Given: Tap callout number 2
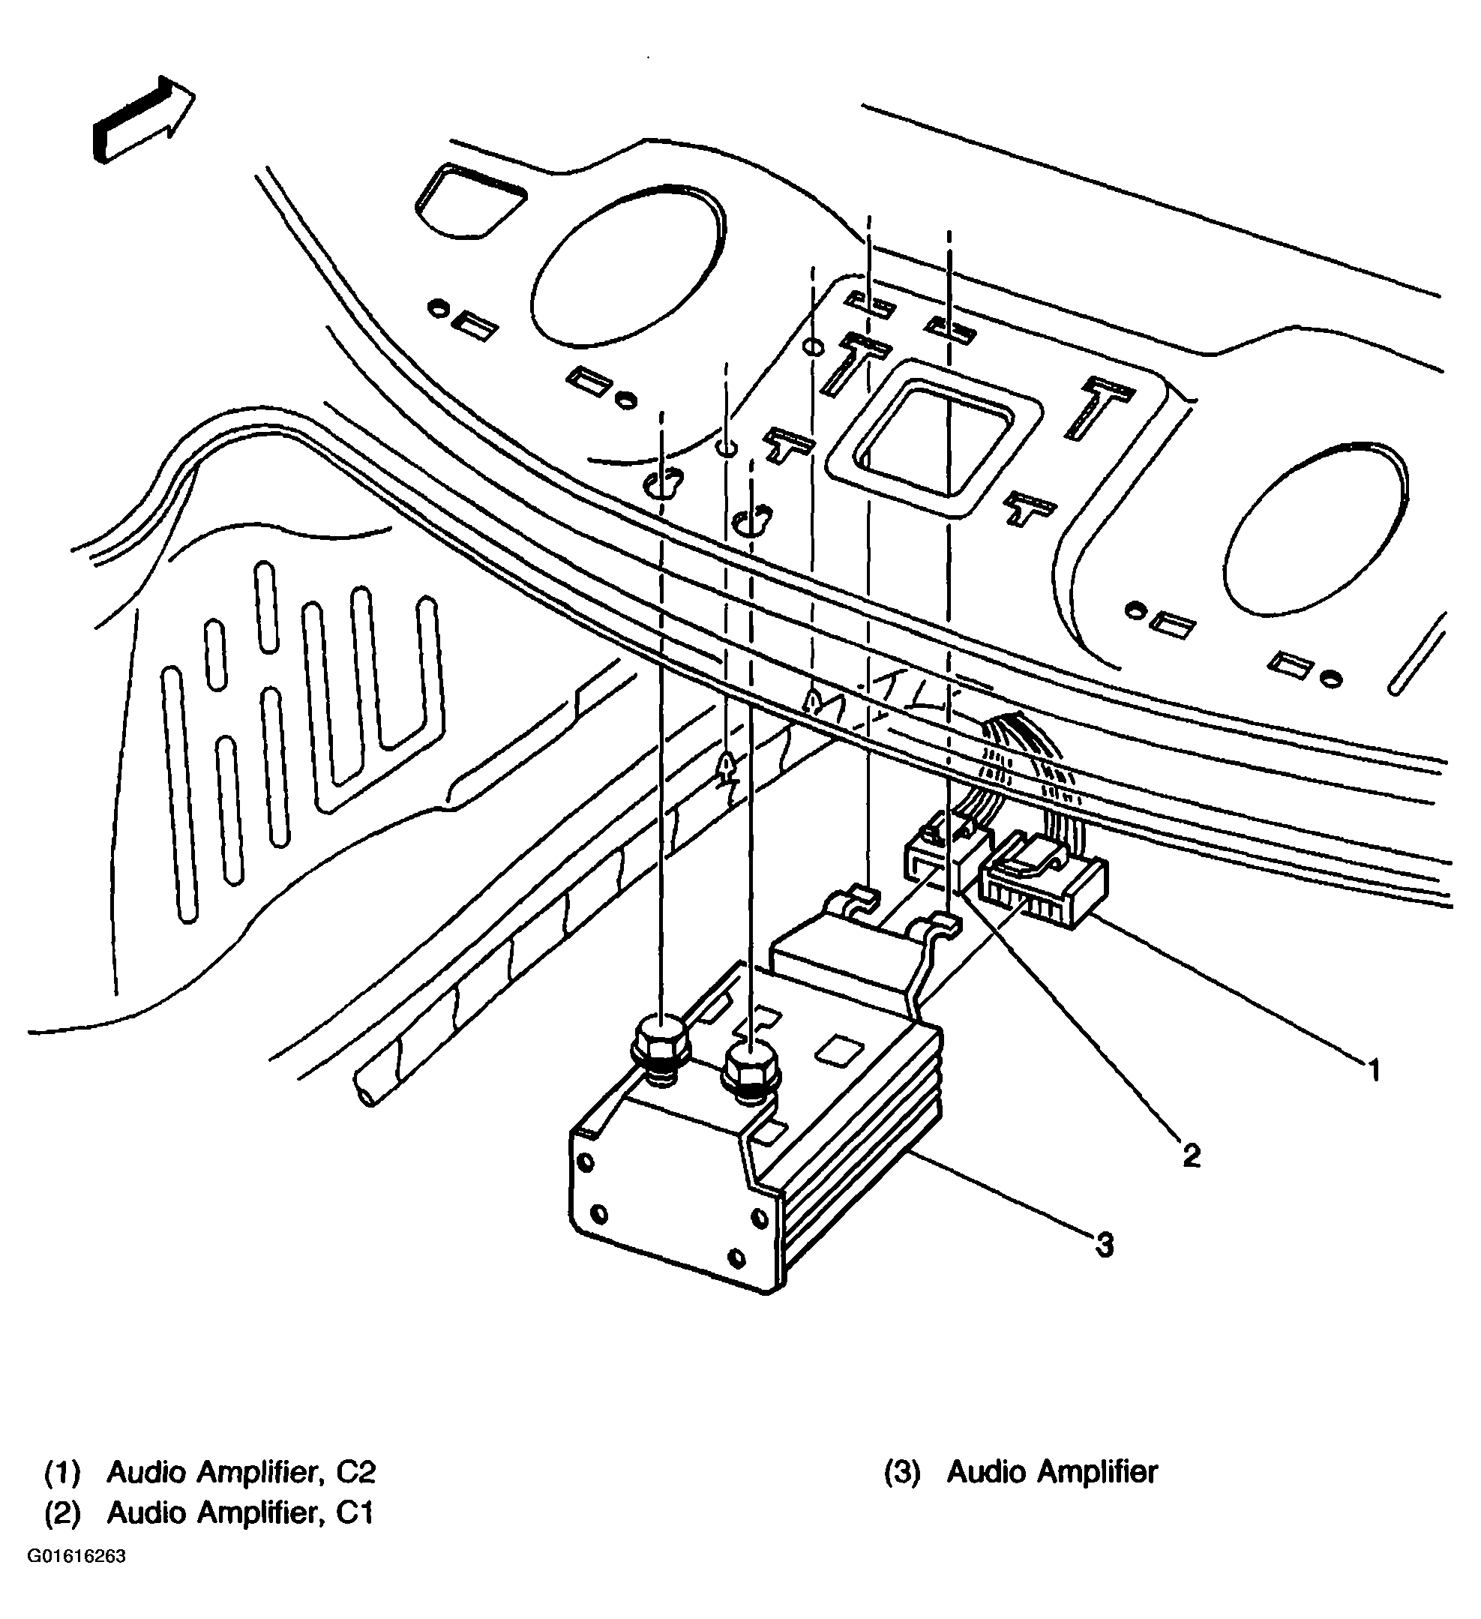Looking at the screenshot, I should click(x=1191, y=1156).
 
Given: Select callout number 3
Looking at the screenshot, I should click(x=1105, y=1246).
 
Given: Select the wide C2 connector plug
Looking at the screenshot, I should click(x=1044, y=882).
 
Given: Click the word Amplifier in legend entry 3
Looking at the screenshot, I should click(x=1096, y=1472).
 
